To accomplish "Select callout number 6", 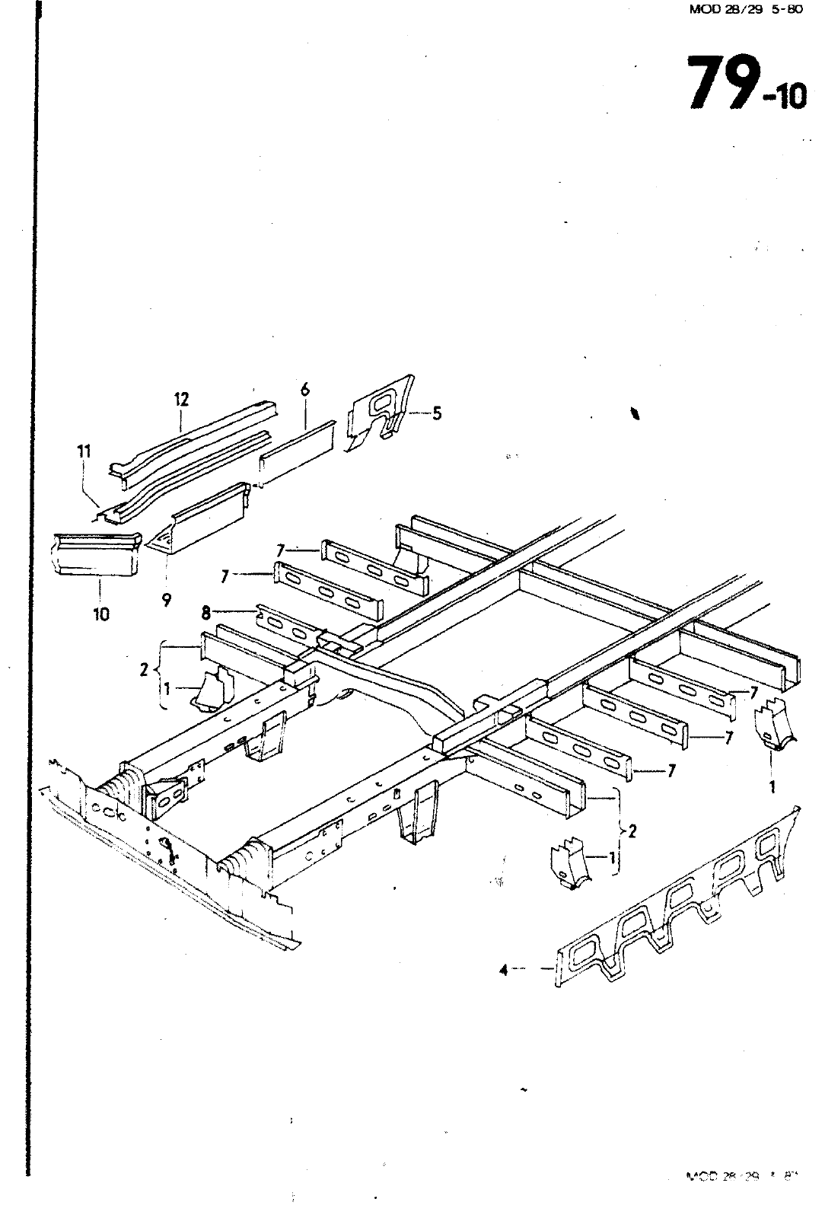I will click(x=305, y=390).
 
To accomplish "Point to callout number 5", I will click(x=436, y=413).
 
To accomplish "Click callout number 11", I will click(x=84, y=451).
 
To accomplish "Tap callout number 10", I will click(x=101, y=614).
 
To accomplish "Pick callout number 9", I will click(x=166, y=600).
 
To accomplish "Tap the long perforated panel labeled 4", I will click(x=677, y=898).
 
